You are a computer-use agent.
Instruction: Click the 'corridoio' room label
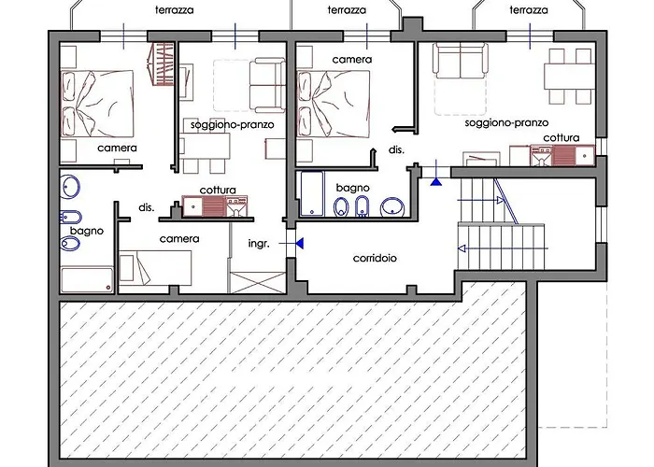[x=375, y=258]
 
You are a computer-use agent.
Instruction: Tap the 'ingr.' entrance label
[x=259, y=244]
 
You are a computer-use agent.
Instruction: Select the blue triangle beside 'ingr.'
[x=300, y=243]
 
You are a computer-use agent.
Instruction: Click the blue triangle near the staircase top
[x=436, y=181]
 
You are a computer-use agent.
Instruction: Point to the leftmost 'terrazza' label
[x=175, y=10]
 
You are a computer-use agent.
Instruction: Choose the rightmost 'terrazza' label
[x=529, y=10]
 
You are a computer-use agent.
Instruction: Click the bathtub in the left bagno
[x=87, y=280]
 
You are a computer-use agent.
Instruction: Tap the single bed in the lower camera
[x=155, y=267]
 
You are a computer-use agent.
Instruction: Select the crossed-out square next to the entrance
[x=258, y=283]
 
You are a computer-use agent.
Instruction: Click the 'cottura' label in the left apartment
[x=218, y=191]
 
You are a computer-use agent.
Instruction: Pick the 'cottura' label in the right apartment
[x=561, y=137]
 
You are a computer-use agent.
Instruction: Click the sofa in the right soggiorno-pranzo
[x=461, y=61]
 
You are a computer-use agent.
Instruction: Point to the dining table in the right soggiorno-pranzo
[x=569, y=77]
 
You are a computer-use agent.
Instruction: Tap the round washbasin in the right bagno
[x=392, y=207]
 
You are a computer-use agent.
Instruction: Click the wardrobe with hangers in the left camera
[x=161, y=64]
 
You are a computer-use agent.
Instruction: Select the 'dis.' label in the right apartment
[x=396, y=150]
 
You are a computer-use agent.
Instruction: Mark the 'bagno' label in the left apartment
[x=87, y=231]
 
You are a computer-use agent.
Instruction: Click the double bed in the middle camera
[x=334, y=104]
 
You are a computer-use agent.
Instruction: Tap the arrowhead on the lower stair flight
[x=462, y=248]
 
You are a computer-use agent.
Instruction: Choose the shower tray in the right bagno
[x=312, y=193]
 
